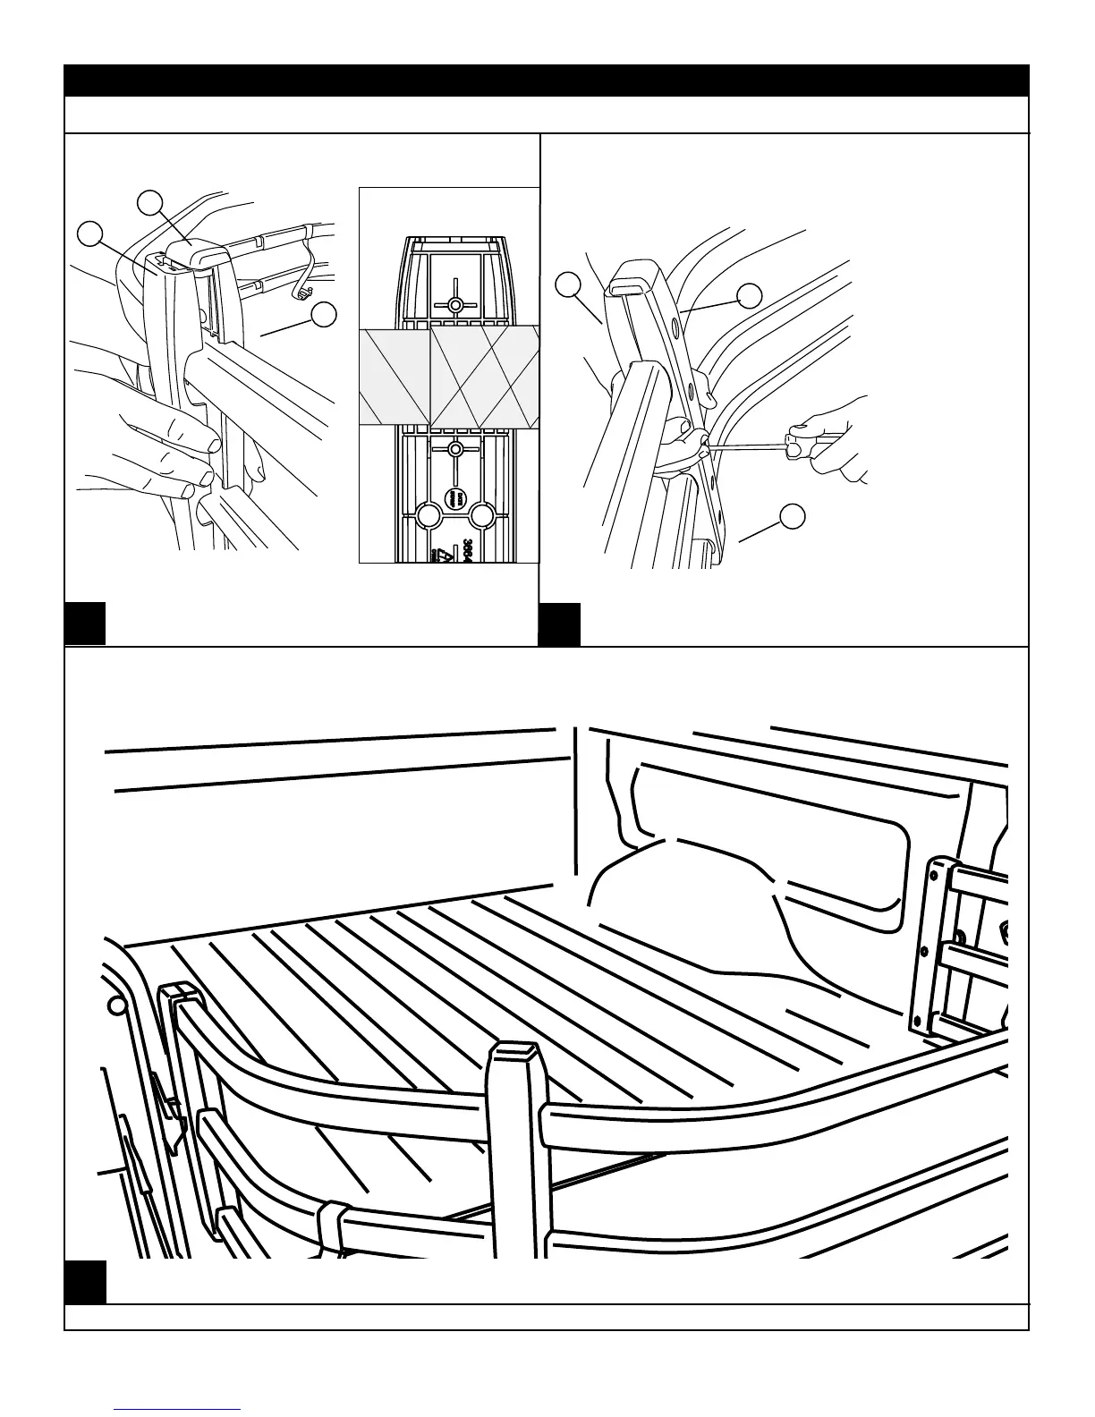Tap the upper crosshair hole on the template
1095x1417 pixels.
pyautogui.click(x=455, y=305)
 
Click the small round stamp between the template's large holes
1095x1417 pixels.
pyautogui.click(x=455, y=498)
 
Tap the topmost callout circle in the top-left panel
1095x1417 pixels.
pyautogui.click(x=154, y=201)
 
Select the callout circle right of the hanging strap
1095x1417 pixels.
pyautogui.click(x=324, y=314)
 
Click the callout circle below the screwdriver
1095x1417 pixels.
pyautogui.click(x=792, y=516)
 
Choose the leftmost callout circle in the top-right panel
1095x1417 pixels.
pyautogui.click(x=567, y=285)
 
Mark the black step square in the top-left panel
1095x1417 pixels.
pyautogui.click(x=85, y=623)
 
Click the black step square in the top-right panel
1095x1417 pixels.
pyautogui.click(x=560, y=623)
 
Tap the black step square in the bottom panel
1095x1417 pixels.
pyautogui.click(x=85, y=1281)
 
